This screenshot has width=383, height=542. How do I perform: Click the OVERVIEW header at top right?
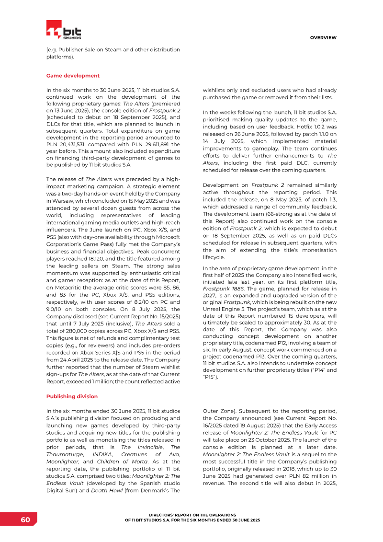[x=323, y=37]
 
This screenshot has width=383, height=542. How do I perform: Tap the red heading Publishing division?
[x=72, y=396]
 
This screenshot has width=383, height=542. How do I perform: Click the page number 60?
[x=25, y=520]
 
